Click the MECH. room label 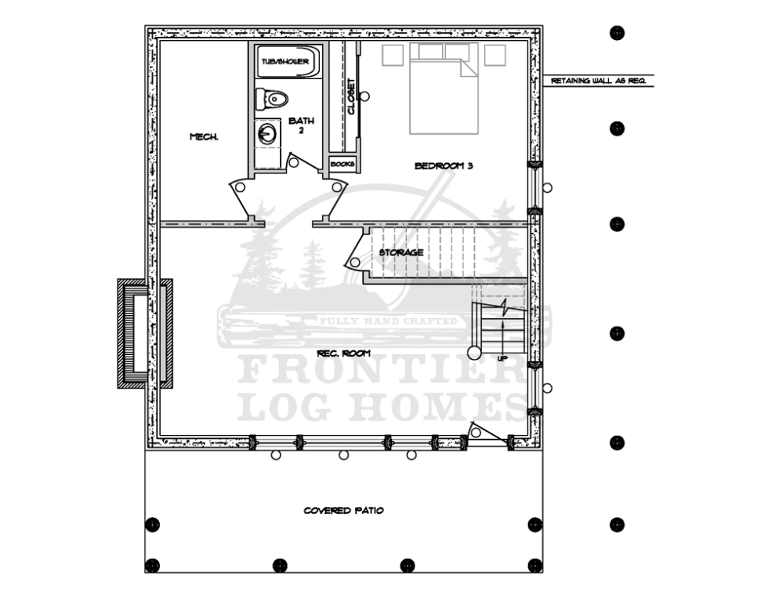[x=204, y=137]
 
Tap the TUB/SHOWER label [x=285, y=61]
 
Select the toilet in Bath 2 [x=272, y=99]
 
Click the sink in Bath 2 [x=267, y=134]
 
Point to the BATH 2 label [x=301, y=125]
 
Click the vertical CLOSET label [x=351, y=96]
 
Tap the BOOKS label [x=342, y=164]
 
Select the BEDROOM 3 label [x=444, y=165]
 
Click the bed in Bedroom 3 [x=444, y=94]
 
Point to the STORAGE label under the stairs [x=401, y=252]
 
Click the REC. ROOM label [x=343, y=353]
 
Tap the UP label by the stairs [x=502, y=358]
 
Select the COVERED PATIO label [x=343, y=511]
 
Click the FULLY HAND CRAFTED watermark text [x=387, y=321]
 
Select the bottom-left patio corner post [x=152, y=565]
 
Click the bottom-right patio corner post [x=535, y=565]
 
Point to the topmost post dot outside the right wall [x=617, y=33]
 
